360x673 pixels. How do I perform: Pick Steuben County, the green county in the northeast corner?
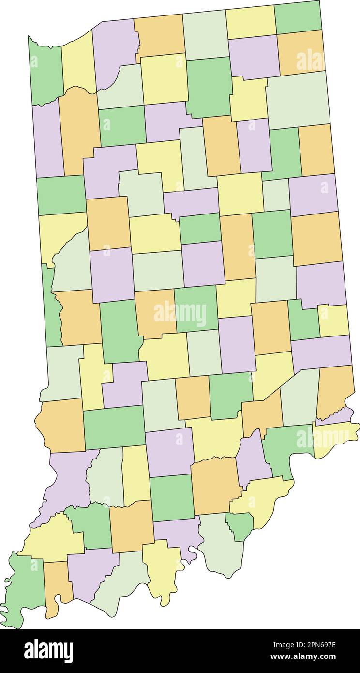pos(298,17)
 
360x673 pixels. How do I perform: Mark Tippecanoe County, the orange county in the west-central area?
pos(107,223)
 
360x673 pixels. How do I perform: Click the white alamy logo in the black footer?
pos(49,651)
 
